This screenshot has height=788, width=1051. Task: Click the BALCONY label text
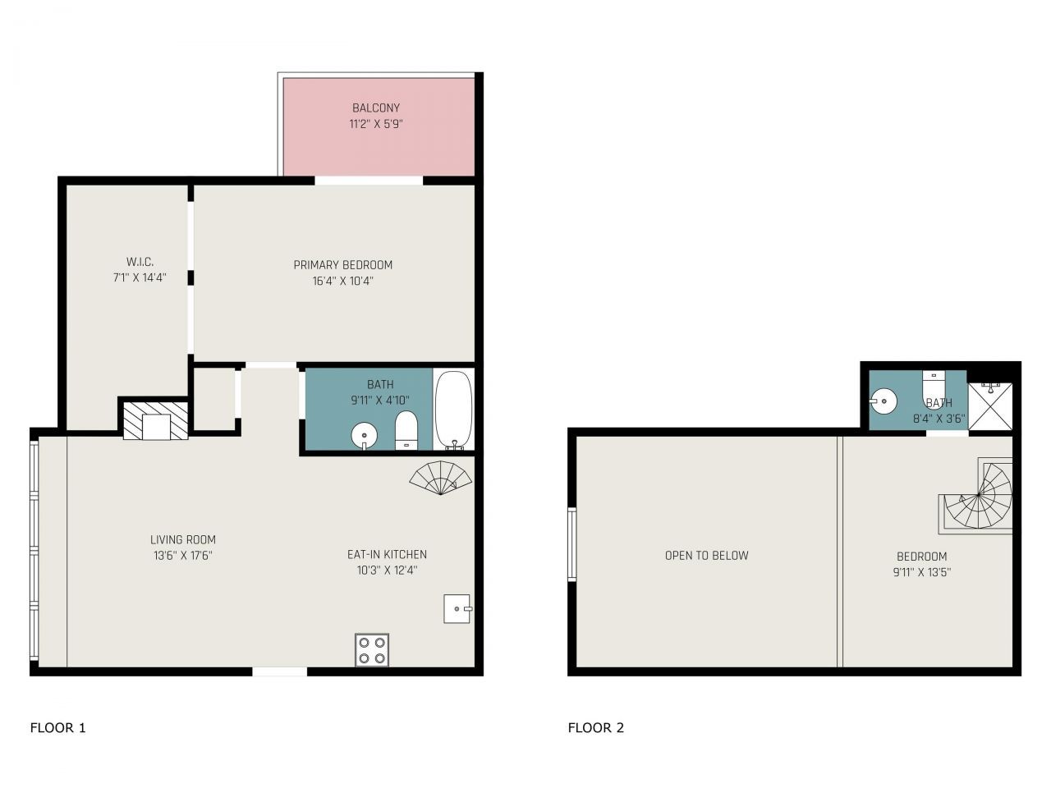(376, 108)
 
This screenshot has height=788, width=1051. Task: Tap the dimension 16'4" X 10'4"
(342, 281)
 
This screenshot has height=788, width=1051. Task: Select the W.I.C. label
(140, 261)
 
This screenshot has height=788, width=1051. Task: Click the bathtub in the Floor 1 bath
(453, 410)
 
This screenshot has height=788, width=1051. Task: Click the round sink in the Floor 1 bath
(363, 434)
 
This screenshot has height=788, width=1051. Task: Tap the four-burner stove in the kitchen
(372, 649)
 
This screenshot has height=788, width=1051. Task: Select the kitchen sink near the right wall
(457, 608)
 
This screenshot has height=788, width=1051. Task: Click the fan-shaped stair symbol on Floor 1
(442, 478)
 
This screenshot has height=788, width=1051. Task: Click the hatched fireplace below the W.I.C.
(156, 419)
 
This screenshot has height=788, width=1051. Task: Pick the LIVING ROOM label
(183, 539)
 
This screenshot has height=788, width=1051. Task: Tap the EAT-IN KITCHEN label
(387, 554)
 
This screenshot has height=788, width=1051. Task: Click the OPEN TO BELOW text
(706, 555)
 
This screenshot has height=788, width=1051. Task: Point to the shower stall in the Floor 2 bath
(990, 405)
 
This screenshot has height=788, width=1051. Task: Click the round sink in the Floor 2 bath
(884, 401)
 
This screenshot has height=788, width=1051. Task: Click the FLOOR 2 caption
(595, 727)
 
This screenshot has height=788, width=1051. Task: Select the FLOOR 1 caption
(57, 727)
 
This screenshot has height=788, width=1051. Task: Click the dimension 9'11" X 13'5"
(921, 573)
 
